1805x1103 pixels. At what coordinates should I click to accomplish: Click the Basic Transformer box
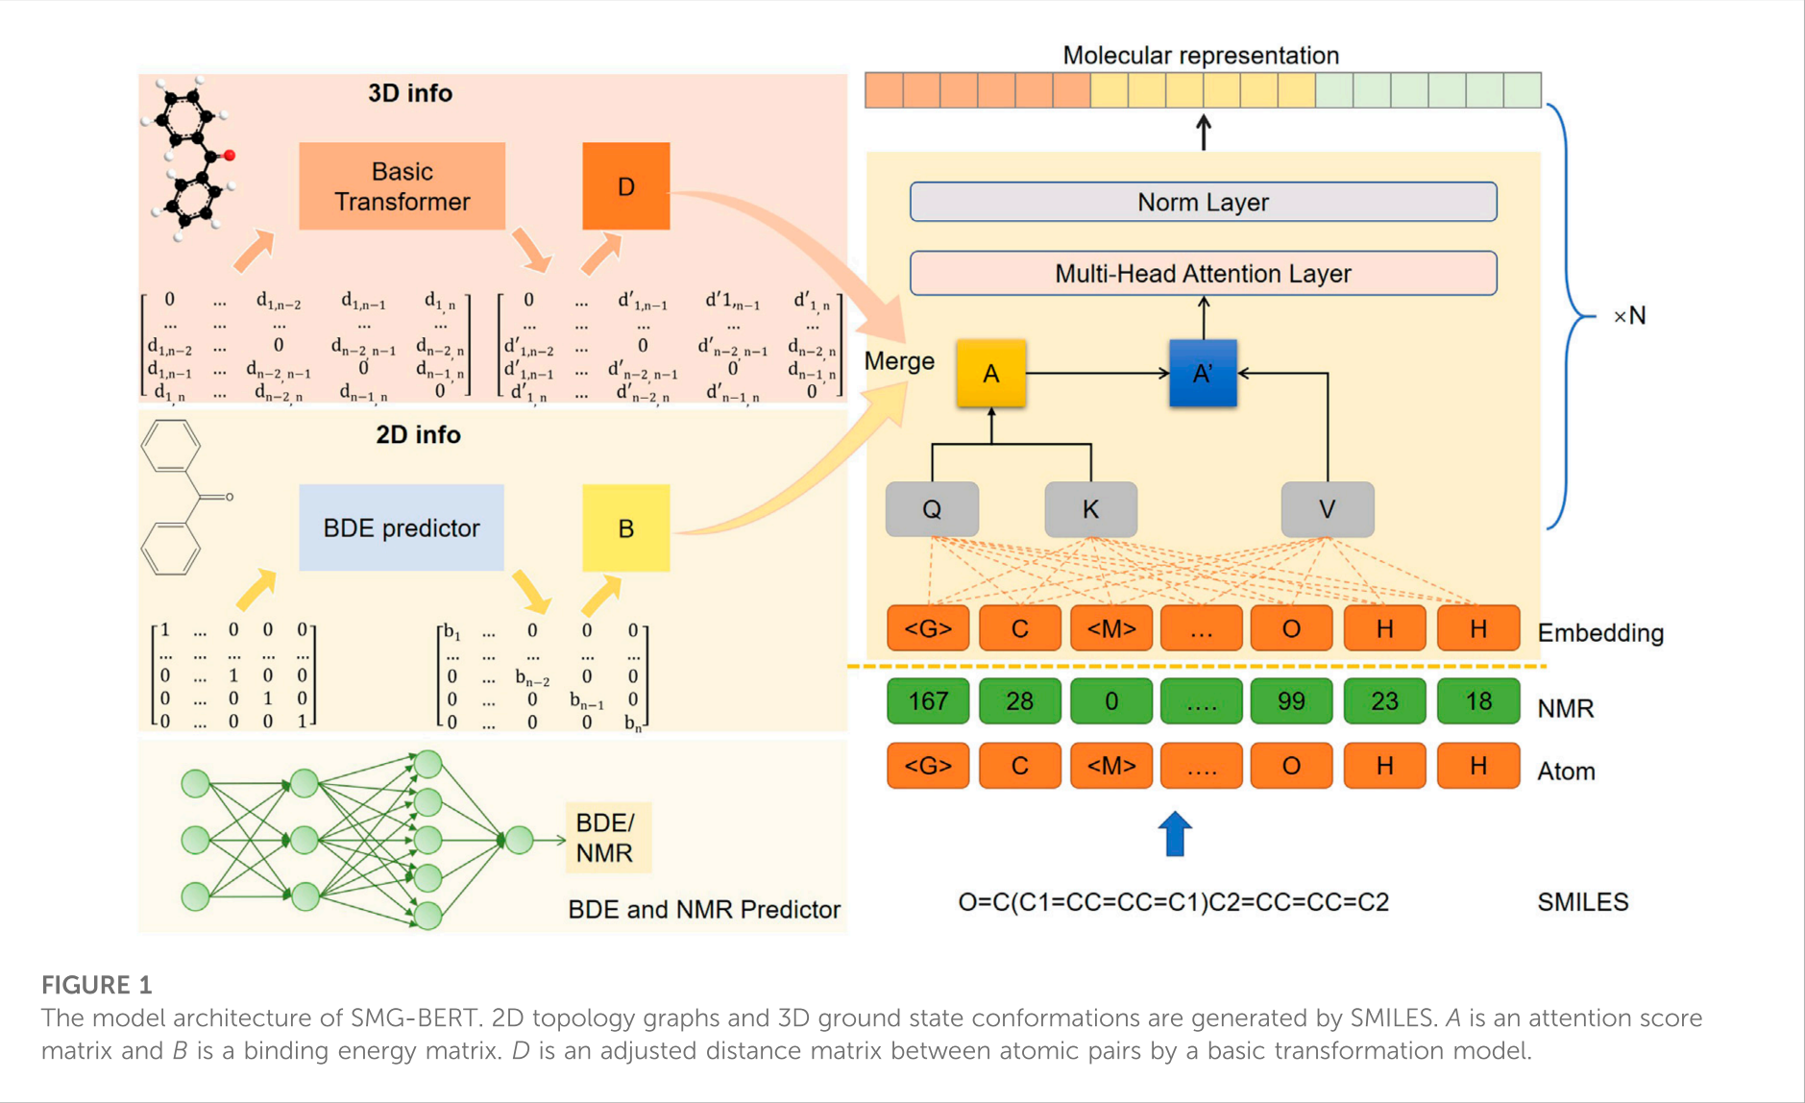pyautogui.click(x=402, y=186)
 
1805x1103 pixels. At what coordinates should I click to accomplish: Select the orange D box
pyautogui.click(x=625, y=186)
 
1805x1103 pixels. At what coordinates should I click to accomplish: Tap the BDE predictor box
pyautogui.click(x=402, y=528)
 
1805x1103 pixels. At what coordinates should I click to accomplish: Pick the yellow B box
pyautogui.click(x=625, y=528)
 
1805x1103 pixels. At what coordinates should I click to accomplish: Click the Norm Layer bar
pyautogui.click(x=1203, y=202)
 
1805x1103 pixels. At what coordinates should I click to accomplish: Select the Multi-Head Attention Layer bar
pyautogui.click(x=1203, y=274)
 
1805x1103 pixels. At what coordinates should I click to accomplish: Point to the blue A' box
pyautogui.click(x=1203, y=374)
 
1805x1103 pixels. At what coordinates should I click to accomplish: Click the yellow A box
pyautogui.click(x=990, y=374)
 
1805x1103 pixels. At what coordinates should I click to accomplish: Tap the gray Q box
pyautogui.click(x=932, y=509)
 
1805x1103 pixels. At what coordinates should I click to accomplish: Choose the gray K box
pyautogui.click(x=1090, y=509)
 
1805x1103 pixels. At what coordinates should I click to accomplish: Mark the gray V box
pyautogui.click(x=1327, y=509)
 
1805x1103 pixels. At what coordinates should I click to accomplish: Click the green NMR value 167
pyautogui.click(x=928, y=701)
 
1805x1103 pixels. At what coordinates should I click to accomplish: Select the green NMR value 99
pyautogui.click(x=1291, y=701)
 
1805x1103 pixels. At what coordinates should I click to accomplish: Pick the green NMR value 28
pyautogui.click(x=1019, y=701)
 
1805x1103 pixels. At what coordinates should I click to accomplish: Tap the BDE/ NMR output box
pyautogui.click(x=607, y=838)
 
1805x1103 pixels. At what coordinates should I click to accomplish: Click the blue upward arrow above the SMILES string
pyautogui.click(x=1175, y=833)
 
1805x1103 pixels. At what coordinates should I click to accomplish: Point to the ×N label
pyautogui.click(x=1629, y=316)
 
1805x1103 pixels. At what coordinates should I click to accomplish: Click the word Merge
pyautogui.click(x=899, y=361)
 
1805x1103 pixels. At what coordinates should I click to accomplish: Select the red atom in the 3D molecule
pyautogui.click(x=229, y=156)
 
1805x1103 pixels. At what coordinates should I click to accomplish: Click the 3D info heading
pyautogui.click(x=410, y=93)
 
